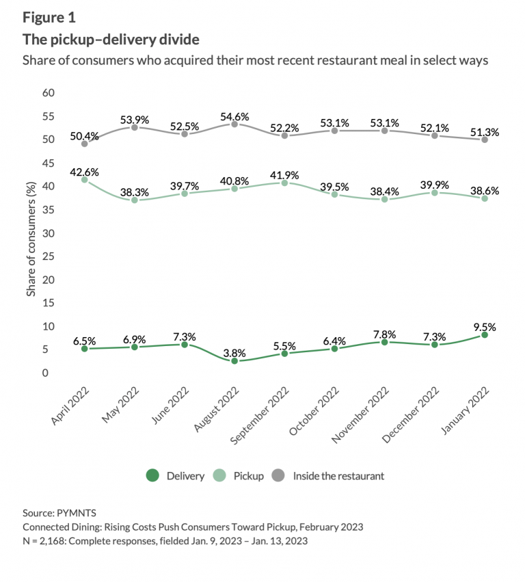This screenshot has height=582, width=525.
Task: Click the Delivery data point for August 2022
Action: pyautogui.click(x=234, y=360)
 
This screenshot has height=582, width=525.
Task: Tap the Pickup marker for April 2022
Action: pyautogui.click(x=84, y=180)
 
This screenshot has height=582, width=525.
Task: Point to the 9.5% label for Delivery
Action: pyautogui.click(x=484, y=326)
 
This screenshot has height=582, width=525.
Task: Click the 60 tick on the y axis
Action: pyautogui.click(x=48, y=92)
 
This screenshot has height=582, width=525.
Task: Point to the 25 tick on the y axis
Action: pyautogui.click(x=48, y=256)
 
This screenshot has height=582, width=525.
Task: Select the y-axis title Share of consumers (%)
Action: pyautogui.click(x=31, y=233)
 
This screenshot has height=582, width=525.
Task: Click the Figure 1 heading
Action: pyautogui.click(x=51, y=16)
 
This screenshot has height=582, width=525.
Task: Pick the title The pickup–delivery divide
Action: pyautogui.click(x=111, y=38)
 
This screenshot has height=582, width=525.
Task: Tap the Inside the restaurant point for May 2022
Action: pyautogui.click(x=135, y=127)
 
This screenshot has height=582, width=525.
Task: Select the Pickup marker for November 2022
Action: pyautogui.click(x=385, y=199)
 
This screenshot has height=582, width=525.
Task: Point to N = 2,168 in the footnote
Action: pyautogui.click(x=47, y=541)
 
